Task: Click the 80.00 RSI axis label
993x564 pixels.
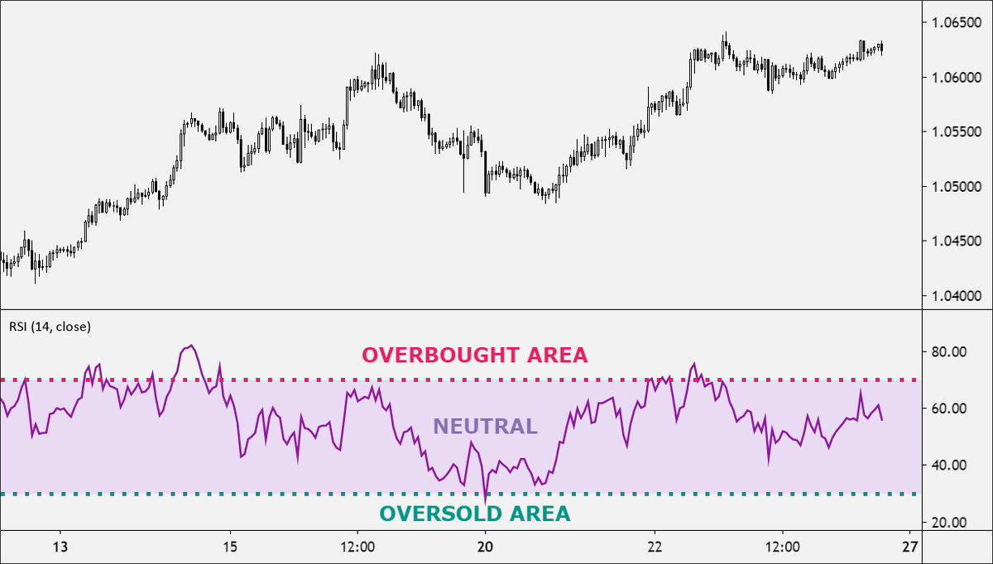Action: [x=949, y=351]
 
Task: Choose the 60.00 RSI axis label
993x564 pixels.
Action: [x=949, y=409]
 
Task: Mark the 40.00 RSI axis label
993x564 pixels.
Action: [x=949, y=466]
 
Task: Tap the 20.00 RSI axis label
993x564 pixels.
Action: [x=949, y=523]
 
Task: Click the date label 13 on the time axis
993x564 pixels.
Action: [x=60, y=547]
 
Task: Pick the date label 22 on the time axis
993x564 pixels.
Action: [x=655, y=547]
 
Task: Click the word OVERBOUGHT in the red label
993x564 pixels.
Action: [x=439, y=355]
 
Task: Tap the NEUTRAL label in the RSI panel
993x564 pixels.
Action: [x=485, y=427]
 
